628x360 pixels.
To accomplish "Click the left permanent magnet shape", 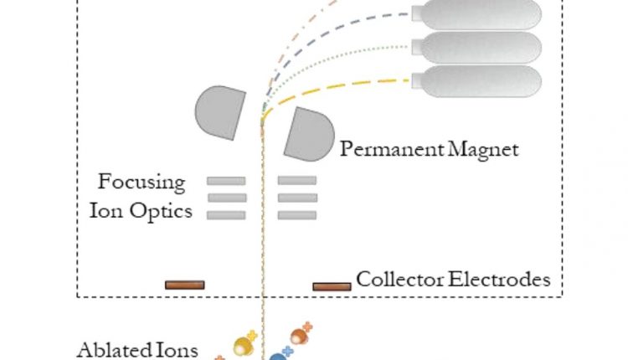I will click(x=219, y=111).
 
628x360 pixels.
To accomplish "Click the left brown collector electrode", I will click(x=184, y=285).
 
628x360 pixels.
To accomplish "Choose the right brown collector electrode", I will click(x=332, y=286).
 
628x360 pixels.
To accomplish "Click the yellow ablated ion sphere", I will click(x=243, y=344).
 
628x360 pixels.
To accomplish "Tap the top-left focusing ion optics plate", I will click(x=226, y=180).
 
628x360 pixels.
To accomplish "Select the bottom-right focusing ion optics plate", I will click(x=297, y=215).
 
